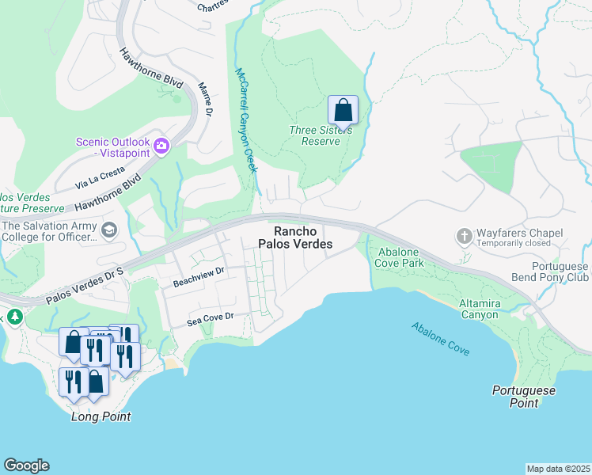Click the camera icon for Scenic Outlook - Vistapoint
161,145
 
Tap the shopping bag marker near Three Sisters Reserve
343,110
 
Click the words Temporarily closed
519,244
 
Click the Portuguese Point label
524,397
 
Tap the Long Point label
101,416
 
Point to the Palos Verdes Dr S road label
85,286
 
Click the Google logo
26,465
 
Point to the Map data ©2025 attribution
558,469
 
